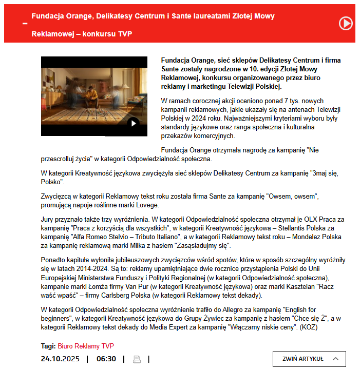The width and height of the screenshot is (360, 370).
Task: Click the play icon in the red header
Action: coord(346,23)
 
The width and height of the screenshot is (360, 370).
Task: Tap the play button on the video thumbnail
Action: coord(133,123)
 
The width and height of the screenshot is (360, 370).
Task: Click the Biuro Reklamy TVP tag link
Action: coord(86,346)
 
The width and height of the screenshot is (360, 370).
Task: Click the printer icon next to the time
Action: coord(137,359)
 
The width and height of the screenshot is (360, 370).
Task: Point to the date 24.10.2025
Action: coord(60,359)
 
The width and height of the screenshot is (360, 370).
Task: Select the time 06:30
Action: coord(106,359)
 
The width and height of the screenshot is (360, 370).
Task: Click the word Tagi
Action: coord(48,346)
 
